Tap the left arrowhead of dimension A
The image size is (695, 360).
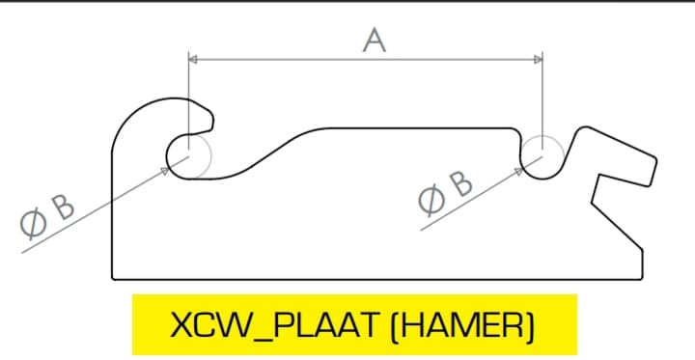coord(192,60)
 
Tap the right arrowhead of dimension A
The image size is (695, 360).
coord(537,60)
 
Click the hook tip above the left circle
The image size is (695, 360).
coord(207,123)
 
